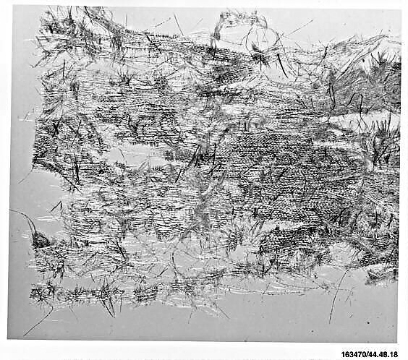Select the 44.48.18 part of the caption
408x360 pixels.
388,354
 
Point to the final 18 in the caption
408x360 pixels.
400,354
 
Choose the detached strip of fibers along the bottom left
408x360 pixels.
94,293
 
